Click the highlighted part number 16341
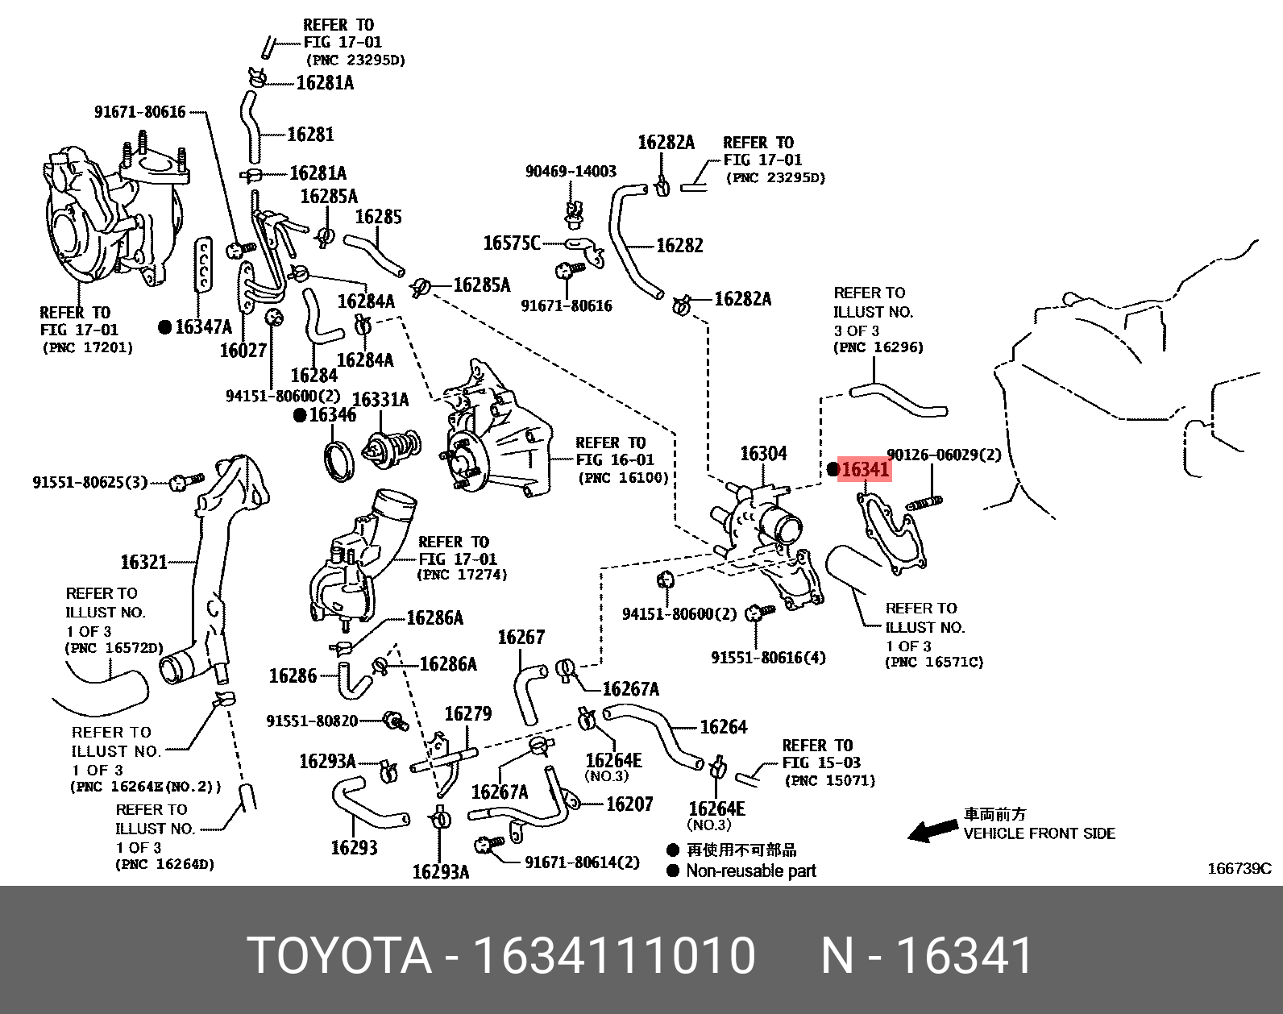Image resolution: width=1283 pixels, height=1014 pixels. (x=865, y=468)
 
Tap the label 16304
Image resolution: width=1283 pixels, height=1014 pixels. (x=763, y=454)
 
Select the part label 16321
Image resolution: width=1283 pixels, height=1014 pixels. (x=144, y=561)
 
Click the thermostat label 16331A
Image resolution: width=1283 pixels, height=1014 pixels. (x=380, y=400)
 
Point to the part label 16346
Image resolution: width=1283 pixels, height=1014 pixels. (x=332, y=415)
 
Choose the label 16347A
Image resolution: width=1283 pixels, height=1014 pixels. (x=203, y=326)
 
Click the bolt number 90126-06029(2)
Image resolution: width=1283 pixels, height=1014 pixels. (x=944, y=455)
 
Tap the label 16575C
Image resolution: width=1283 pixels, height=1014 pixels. (x=512, y=243)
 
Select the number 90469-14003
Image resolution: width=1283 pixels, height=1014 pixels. (x=571, y=171)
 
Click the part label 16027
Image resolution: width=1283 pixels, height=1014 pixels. (x=243, y=351)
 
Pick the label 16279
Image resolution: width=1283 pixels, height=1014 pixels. (x=468, y=713)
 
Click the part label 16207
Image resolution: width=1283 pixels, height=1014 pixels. (x=629, y=804)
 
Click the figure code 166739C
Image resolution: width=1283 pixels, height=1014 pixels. (x=1239, y=868)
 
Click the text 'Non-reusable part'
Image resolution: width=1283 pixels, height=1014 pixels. (x=751, y=871)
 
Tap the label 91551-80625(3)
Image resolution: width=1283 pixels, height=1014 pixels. (x=90, y=482)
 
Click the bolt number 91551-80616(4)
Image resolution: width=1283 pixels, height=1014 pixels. (x=769, y=657)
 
